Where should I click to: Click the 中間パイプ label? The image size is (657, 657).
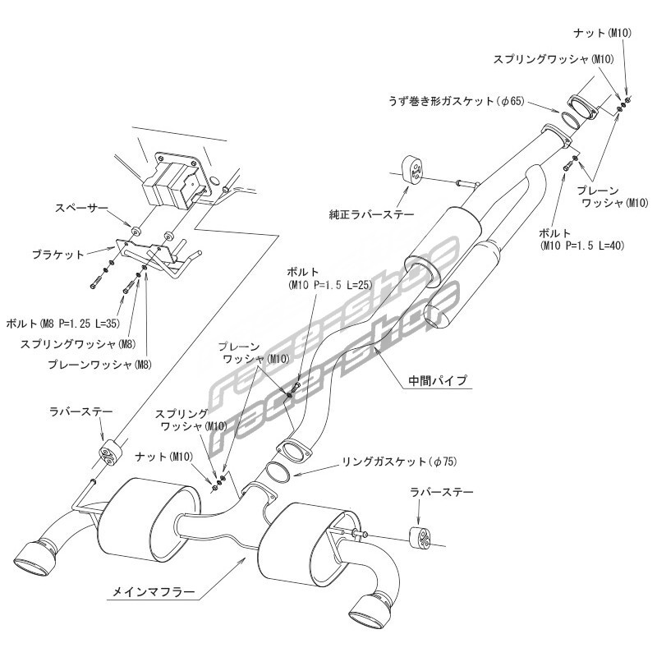point(438,380)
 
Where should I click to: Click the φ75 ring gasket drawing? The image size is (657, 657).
point(278,474)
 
